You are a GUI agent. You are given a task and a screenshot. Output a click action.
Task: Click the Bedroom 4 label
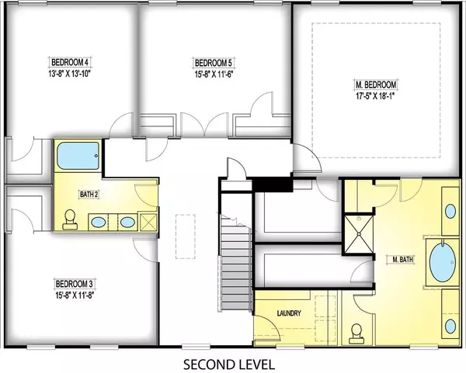click(70, 62)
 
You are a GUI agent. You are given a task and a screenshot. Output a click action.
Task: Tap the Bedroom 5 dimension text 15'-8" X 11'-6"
click(213, 74)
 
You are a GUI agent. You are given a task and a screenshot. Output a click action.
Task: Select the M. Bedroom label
click(376, 85)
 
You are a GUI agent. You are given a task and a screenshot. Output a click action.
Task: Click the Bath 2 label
click(89, 195)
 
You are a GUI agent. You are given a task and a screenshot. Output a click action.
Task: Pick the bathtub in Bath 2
click(78, 156)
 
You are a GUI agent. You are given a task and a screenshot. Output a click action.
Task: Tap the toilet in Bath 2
click(70, 219)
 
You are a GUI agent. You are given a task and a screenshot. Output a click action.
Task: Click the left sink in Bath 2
click(98, 222)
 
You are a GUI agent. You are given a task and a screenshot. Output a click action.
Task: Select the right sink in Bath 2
click(127, 222)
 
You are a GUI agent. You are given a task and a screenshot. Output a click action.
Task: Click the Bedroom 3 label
click(75, 284)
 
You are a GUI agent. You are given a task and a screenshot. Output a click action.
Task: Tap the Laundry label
click(289, 313)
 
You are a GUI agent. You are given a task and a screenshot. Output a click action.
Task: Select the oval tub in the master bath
click(443, 262)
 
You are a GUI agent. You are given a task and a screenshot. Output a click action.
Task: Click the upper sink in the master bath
click(450, 211)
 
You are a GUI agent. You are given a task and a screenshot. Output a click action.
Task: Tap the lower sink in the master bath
click(450, 326)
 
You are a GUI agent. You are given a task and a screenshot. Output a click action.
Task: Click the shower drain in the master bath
click(359, 233)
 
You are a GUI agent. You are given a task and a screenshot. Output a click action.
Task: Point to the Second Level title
click(228, 364)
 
